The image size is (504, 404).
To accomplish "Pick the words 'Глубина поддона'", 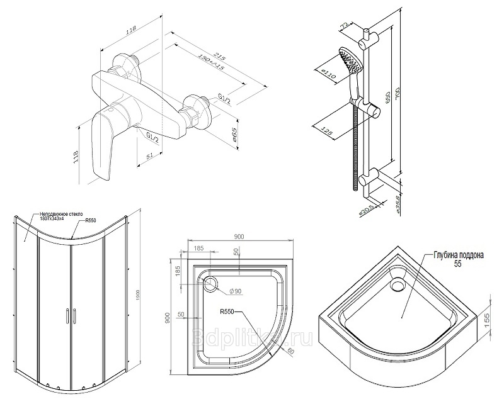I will click(x=458, y=256).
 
